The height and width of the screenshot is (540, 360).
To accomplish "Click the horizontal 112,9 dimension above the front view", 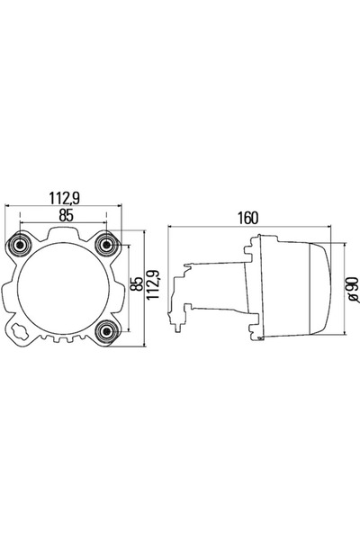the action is (65, 198).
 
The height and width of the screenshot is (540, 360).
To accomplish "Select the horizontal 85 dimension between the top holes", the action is (66, 216).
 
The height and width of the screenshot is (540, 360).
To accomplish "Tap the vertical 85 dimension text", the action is (137, 283).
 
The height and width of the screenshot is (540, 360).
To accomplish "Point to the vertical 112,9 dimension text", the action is (153, 283).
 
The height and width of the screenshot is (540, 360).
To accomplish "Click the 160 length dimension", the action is (247, 218).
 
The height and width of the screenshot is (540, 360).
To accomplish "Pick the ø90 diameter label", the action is (354, 290).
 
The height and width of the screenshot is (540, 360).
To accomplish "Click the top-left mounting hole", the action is (20, 245).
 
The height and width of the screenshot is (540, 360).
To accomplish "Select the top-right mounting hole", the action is (106, 245).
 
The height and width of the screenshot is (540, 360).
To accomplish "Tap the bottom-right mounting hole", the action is (106, 331).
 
